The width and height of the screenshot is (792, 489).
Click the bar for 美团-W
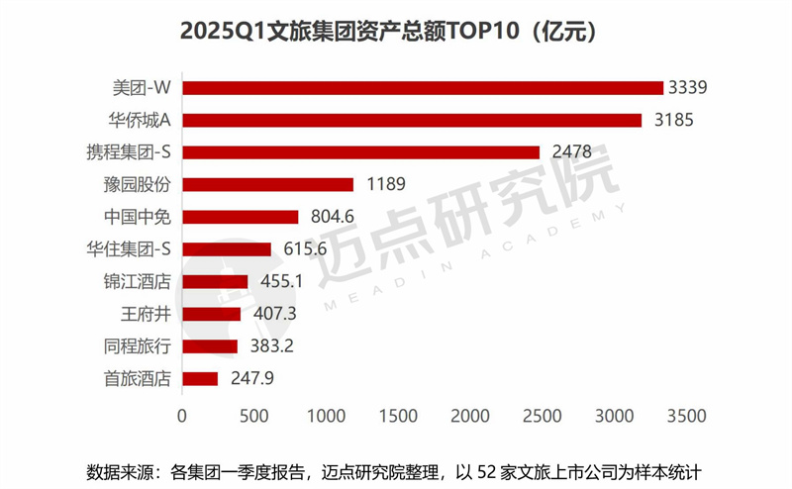coord(422,88)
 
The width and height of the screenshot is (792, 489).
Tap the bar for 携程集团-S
coord(360,152)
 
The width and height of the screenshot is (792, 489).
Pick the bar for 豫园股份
coord(267,184)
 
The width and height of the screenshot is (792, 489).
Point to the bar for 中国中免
coord(240,217)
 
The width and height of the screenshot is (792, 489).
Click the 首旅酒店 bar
coord(199,378)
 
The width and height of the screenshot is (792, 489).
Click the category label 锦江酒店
coord(139,281)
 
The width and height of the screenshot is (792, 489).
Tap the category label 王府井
coord(146,314)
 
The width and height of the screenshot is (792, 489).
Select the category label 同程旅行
coord(139,346)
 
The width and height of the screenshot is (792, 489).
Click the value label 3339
coord(692,88)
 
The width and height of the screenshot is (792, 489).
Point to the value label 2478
coord(568,152)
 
